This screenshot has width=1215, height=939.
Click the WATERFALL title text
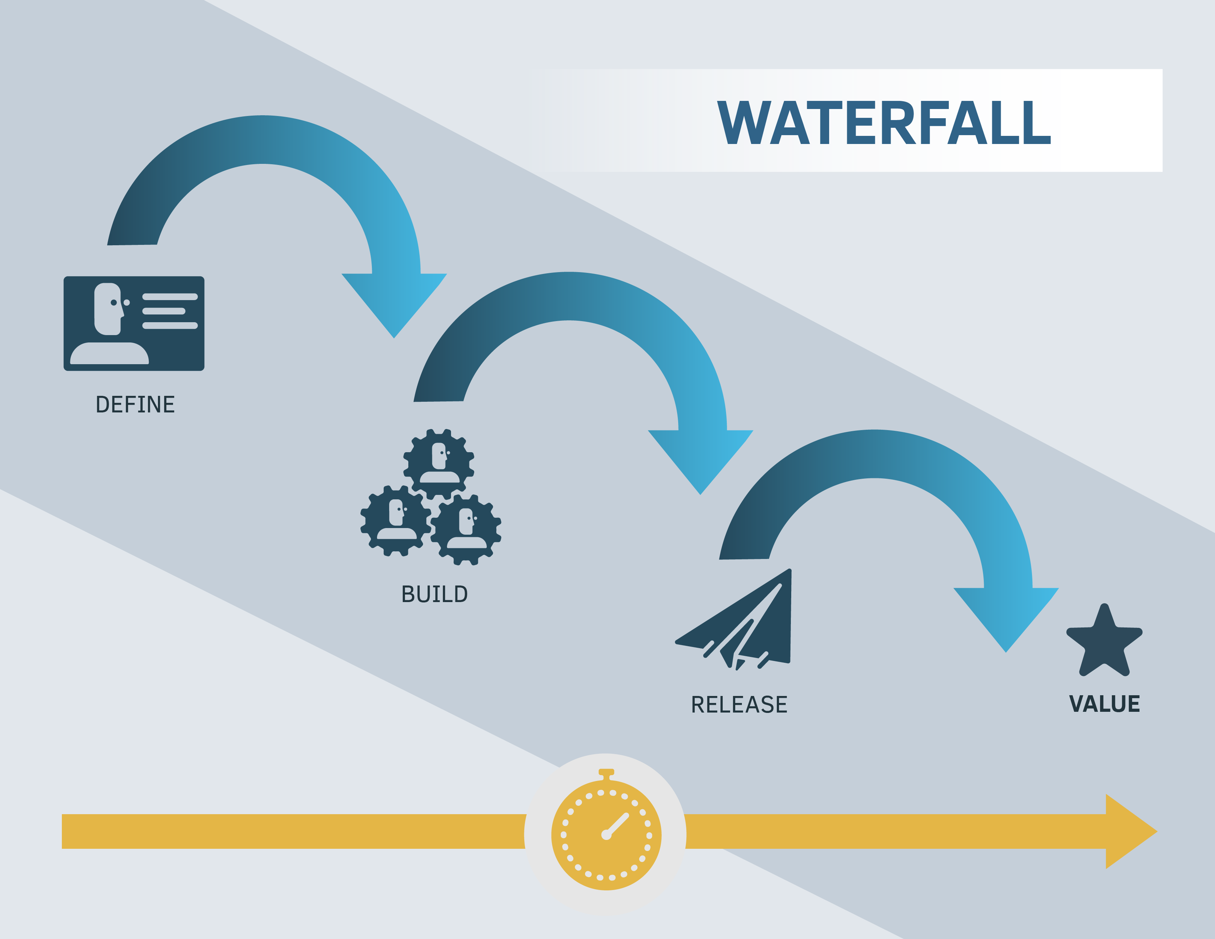click(884, 123)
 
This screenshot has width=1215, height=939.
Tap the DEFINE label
click(135, 404)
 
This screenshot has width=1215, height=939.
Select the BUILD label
click(434, 594)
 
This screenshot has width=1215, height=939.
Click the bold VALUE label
click(1104, 704)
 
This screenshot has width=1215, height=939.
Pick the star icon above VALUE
click(1104, 641)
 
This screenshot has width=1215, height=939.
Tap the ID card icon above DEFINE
click(134, 323)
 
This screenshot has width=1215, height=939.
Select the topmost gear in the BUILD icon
click(439, 464)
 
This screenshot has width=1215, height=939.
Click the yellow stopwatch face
click(606, 835)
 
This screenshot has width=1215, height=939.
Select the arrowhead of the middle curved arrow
click(700, 462)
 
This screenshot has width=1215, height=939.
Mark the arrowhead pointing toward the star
click(1006, 620)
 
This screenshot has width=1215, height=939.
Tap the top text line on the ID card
click(170, 296)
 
